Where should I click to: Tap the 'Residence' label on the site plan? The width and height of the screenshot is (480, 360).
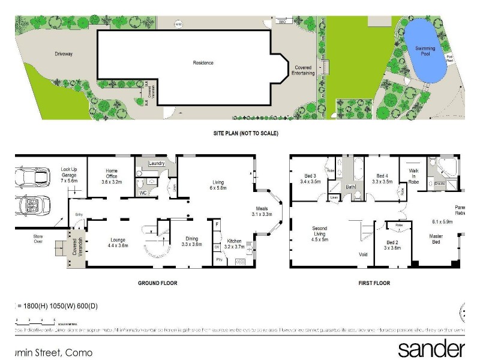click(203, 63)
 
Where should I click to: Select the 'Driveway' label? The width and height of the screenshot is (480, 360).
click(64, 54)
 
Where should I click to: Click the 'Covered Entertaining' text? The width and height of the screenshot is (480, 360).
click(302, 70)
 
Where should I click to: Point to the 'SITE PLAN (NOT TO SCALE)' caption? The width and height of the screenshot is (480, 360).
click(245, 133)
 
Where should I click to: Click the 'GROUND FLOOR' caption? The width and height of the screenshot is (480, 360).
click(158, 283)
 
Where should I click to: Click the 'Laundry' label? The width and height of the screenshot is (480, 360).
click(157, 163)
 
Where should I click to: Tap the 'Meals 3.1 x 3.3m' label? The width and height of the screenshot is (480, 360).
click(261, 211)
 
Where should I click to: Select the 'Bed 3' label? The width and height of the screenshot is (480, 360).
click(310, 178)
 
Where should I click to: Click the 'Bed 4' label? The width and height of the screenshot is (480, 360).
click(382, 178)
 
